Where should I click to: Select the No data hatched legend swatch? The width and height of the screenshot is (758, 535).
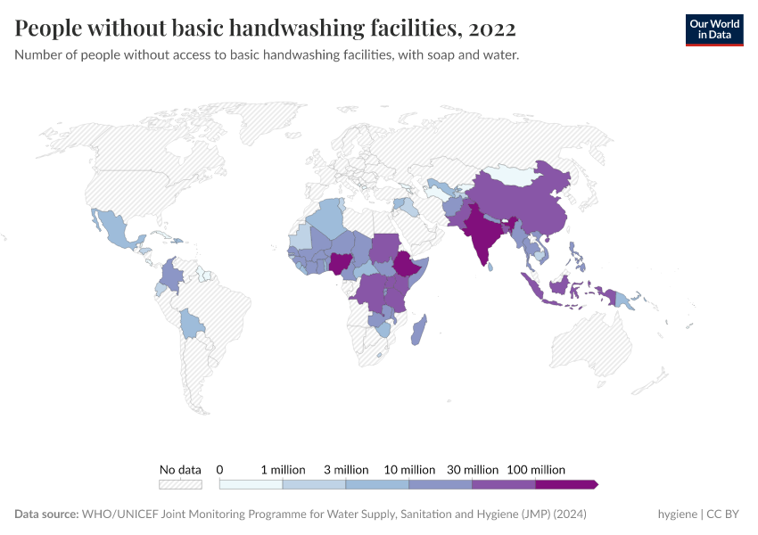180,484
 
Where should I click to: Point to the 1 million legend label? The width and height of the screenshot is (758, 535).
283,469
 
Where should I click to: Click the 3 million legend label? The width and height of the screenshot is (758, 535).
346,469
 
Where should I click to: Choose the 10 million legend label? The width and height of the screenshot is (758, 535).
409,469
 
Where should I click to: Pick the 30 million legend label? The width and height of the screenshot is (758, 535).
473,469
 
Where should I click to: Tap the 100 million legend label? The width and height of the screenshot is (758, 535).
536,469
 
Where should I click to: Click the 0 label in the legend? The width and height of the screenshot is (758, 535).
219,469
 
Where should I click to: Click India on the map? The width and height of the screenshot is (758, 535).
482,233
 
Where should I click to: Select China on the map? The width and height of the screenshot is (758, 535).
526,205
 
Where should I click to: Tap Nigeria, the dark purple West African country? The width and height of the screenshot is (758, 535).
341,262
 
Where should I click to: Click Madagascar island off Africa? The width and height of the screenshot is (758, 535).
419,330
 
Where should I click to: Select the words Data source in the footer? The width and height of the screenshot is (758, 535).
46,514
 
